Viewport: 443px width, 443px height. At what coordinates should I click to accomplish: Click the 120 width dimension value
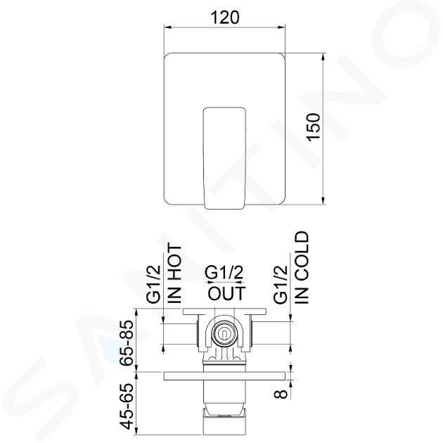(x=225, y=18)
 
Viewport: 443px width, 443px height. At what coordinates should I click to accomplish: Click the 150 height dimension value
(x=314, y=127)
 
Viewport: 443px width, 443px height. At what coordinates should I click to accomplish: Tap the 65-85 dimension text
(x=126, y=342)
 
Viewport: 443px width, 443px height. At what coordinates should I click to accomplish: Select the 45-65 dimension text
(x=126, y=406)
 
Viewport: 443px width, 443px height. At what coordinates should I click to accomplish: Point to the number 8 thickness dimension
(x=281, y=393)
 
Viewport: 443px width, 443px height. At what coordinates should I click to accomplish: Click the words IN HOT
(x=174, y=274)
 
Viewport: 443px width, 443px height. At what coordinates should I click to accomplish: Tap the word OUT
(x=227, y=293)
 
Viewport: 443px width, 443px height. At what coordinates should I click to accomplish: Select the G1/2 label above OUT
(x=224, y=273)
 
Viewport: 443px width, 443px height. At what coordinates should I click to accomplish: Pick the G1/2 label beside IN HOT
(x=154, y=285)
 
